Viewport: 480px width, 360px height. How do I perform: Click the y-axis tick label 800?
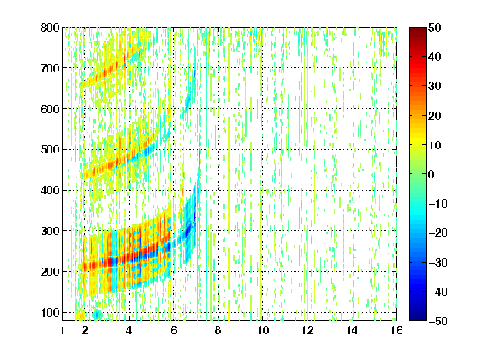pyautogui.click(x=50, y=27)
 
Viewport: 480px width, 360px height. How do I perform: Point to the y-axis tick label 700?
pyautogui.click(x=50, y=68)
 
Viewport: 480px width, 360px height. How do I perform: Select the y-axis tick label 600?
pyautogui.click(x=50, y=109)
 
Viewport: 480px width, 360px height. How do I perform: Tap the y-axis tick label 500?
pyautogui.click(x=50, y=150)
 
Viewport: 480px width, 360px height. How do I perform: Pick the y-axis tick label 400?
pyautogui.click(x=50, y=191)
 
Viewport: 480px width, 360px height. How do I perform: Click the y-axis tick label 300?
pyautogui.click(x=50, y=231)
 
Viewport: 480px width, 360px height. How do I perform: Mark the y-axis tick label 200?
pyautogui.click(x=50, y=272)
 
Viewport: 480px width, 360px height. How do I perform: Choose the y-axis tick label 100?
pyautogui.click(x=50, y=312)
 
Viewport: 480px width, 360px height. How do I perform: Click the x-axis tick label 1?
pyautogui.click(x=62, y=330)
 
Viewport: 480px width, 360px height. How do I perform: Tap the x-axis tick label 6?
pyautogui.click(x=173, y=330)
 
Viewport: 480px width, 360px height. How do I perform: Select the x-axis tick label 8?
pyautogui.click(x=218, y=330)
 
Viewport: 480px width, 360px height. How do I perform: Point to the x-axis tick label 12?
pyautogui.click(x=307, y=330)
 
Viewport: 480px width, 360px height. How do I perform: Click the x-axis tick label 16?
pyautogui.click(x=397, y=330)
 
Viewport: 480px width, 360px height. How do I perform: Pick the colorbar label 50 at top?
pyautogui.click(x=435, y=27)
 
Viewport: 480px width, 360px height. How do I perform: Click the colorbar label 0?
pyautogui.click(x=432, y=174)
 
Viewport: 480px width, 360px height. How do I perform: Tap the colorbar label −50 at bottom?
pyautogui.click(x=438, y=321)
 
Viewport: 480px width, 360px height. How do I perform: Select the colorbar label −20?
pyautogui.click(x=438, y=232)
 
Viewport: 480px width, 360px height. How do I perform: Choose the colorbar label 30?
pyautogui.click(x=435, y=87)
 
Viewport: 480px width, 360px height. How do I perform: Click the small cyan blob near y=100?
pyautogui.click(x=97, y=314)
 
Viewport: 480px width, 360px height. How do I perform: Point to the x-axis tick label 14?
pyautogui.click(x=352, y=330)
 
